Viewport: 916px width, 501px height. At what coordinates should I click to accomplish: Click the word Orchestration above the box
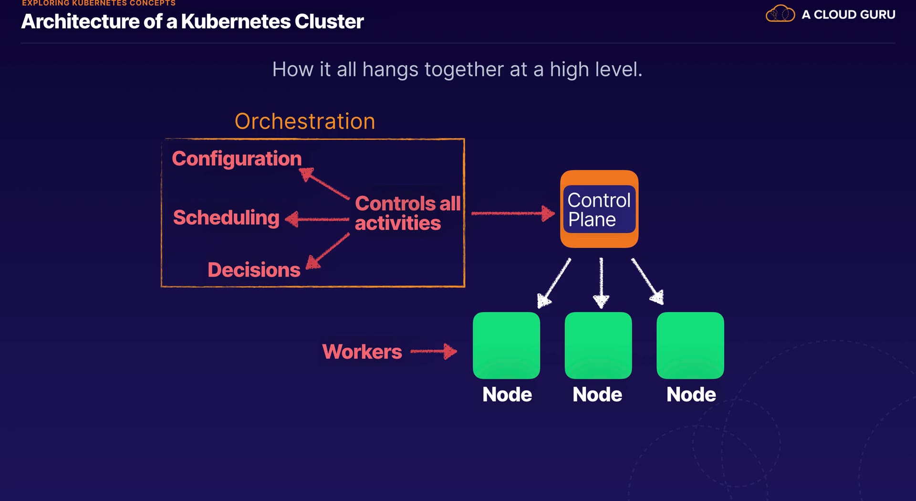tap(305, 121)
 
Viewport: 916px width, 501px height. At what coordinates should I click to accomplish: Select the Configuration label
tap(237, 158)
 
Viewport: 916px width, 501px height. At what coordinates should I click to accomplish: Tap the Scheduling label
tap(226, 218)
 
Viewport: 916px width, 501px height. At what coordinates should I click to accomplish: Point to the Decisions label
tap(254, 270)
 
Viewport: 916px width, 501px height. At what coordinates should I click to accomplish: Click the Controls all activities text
tap(407, 213)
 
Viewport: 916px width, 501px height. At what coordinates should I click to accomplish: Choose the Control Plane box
tap(599, 209)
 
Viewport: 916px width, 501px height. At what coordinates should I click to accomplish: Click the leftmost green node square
tap(506, 345)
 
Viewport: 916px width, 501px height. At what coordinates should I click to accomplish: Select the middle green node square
tap(598, 345)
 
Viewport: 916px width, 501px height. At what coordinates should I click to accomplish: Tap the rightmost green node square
tap(690, 345)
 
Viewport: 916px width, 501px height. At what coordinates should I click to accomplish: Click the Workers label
tap(362, 352)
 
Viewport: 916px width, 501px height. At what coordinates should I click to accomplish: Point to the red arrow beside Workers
tap(434, 352)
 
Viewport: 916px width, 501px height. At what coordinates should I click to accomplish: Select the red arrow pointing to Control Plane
tap(513, 213)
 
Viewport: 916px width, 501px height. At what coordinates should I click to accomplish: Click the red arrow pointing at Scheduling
tap(317, 219)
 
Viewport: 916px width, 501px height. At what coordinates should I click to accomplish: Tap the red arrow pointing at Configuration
tap(325, 183)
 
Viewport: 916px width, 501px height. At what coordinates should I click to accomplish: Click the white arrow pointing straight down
tap(601, 282)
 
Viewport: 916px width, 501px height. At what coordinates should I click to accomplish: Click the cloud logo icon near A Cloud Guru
tap(780, 14)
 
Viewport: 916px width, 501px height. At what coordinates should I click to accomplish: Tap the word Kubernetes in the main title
tap(236, 21)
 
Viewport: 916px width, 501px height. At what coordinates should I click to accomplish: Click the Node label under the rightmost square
tap(691, 395)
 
